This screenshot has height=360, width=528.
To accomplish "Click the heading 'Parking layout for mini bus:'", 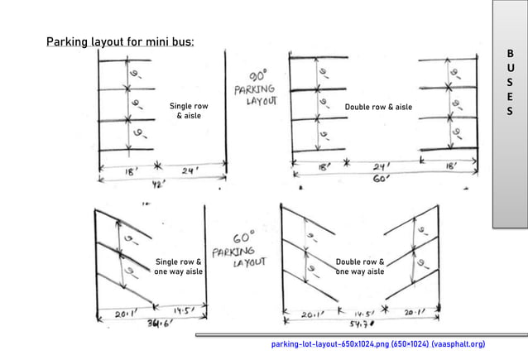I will (121, 42).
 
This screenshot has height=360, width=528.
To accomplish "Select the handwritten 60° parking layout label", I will (238, 248).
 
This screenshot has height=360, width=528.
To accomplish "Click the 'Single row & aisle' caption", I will (189, 111).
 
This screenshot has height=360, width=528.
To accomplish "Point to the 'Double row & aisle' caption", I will (378, 107).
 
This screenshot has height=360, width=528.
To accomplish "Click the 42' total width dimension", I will (155, 185).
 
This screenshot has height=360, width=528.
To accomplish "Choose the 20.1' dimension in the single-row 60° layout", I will (121, 313).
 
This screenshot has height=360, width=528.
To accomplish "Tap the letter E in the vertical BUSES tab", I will (510, 97).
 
